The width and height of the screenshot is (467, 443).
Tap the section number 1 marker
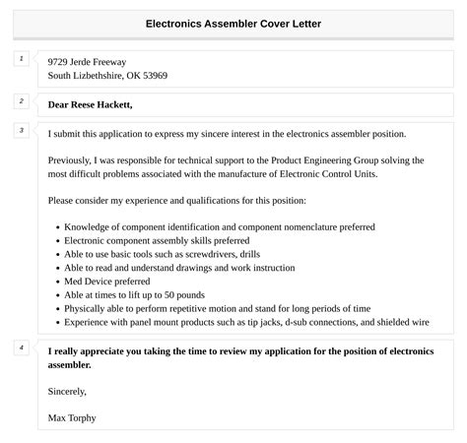click(21, 59)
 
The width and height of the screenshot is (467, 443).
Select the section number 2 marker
click(21, 100)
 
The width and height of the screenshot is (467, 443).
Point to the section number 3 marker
click(21, 130)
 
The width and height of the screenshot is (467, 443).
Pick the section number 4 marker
click(21, 348)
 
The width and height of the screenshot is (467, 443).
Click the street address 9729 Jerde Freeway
click(87, 61)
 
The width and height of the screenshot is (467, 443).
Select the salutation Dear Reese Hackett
click(90, 104)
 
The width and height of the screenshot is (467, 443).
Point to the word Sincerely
click(70, 391)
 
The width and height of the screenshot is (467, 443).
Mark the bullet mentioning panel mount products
click(247, 321)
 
